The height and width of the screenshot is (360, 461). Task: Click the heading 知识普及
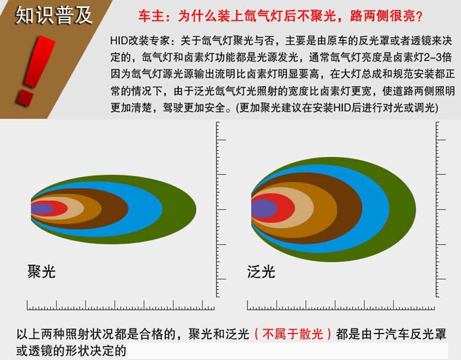53,15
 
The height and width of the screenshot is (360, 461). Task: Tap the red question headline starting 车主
280,16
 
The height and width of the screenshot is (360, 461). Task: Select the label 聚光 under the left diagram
41,272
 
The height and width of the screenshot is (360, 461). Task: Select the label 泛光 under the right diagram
261,272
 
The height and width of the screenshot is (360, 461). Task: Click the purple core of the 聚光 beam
41,209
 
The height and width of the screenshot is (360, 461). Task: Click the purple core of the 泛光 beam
263,209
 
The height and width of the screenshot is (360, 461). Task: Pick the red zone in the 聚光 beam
61,209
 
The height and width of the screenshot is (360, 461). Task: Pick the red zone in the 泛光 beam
286,208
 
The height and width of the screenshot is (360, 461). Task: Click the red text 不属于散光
293,334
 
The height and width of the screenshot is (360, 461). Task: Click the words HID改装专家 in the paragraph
140,41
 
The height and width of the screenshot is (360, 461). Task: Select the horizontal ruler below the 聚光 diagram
120,306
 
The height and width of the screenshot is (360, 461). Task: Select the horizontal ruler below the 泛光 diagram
341,306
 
